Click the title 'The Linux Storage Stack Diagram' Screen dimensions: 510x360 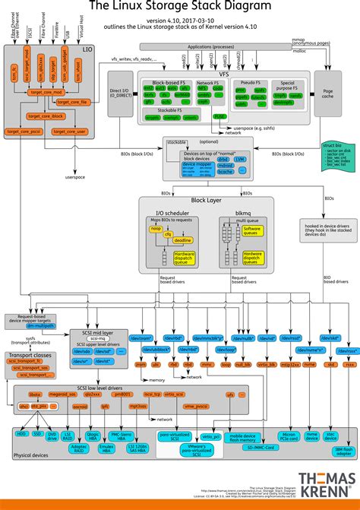click(x=180, y=7)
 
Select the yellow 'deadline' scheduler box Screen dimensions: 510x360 click(x=182, y=239)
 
